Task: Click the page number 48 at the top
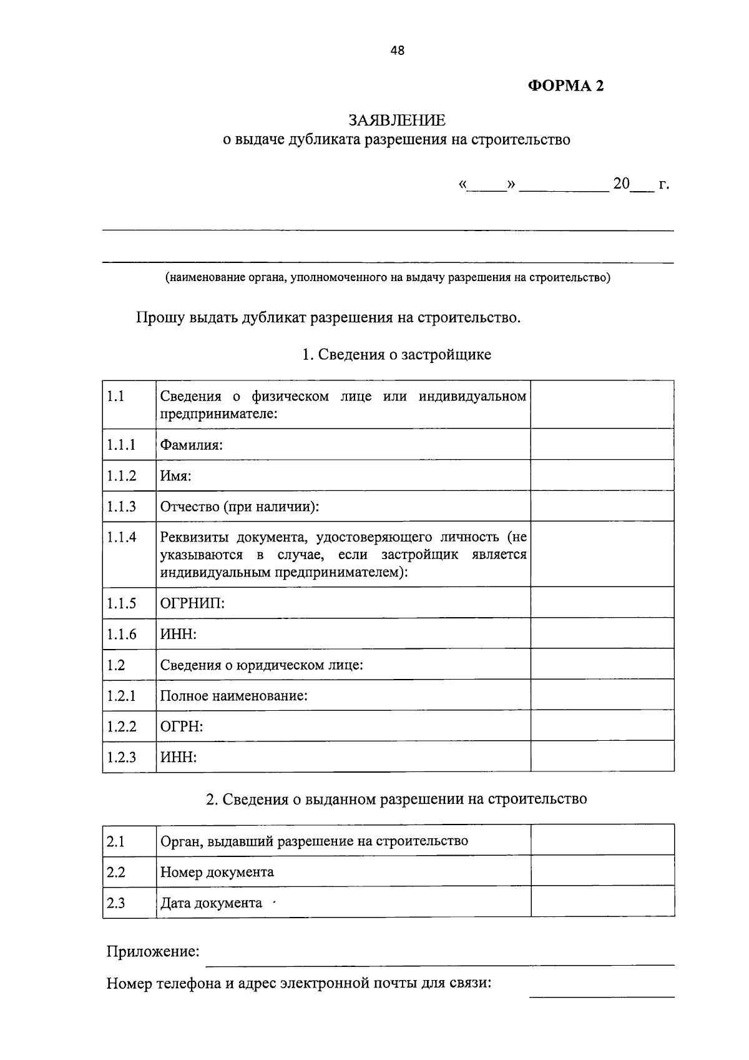397,51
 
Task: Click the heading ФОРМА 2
566,86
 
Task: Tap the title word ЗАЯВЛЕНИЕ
397,120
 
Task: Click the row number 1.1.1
121,445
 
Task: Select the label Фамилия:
192,445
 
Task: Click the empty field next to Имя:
602,475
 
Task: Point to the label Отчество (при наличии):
240,507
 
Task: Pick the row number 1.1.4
121,537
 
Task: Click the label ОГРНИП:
192,603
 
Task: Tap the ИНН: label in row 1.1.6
179,635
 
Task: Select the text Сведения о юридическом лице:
262,665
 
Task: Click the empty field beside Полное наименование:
602,695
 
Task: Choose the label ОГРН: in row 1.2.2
182,726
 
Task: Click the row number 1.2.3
121,758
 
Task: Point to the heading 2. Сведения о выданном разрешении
396,799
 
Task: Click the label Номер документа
217,872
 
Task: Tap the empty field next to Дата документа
602,903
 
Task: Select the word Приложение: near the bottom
153,952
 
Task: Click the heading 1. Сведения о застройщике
396,355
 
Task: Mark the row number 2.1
116,841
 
